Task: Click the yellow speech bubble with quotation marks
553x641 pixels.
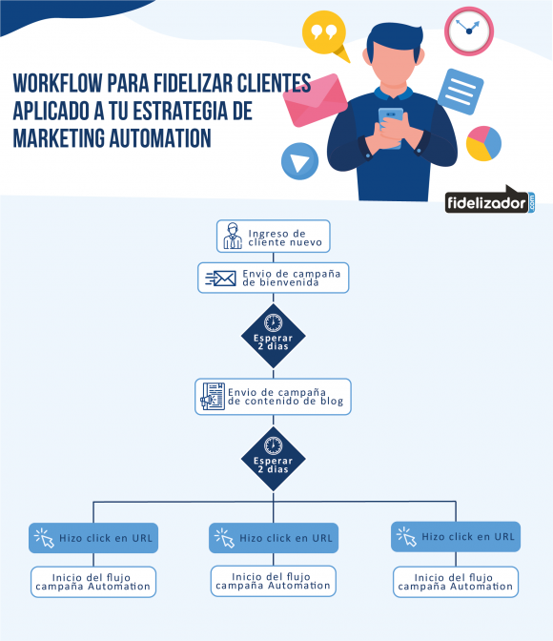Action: click(x=324, y=34)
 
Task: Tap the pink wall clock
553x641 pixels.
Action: click(x=469, y=31)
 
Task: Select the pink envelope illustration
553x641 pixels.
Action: click(x=315, y=100)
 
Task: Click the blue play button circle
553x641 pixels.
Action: click(x=299, y=161)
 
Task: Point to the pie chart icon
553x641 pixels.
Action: click(x=483, y=143)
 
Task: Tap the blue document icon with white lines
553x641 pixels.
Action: click(x=461, y=92)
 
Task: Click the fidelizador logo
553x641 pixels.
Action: click(x=490, y=200)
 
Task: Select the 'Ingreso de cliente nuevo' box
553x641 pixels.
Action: click(x=273, y=237)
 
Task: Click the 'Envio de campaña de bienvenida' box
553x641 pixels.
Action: click(x=273, y=278)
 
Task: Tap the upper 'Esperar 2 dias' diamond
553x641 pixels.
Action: click(x=273, y=336)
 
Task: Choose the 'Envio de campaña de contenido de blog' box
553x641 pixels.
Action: click(x=273, y=397)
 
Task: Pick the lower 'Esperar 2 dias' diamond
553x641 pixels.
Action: click(x=273, y=459)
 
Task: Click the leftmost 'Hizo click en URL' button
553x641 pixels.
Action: click(x=93, y=538)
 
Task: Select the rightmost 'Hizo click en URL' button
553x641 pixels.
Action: click(x=456, y=537)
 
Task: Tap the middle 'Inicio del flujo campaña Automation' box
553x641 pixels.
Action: click(x=273, y=581)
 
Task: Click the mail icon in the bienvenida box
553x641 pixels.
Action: click(x=220, y=279)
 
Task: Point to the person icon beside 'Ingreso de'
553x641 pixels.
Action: click(x=233, y=236)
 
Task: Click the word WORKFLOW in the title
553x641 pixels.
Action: click(x=57, y=83)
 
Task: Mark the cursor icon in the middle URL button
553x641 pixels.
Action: click(x=224, y=538)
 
